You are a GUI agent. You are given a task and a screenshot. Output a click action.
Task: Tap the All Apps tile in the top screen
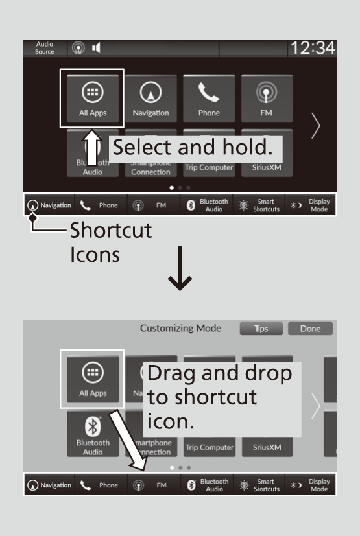click(93, 99)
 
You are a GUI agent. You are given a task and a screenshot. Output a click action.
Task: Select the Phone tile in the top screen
click(209, 99)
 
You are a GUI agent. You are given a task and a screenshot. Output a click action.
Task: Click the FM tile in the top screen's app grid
click(267, 99)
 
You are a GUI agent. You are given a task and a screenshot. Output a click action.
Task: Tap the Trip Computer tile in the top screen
click(209, 167)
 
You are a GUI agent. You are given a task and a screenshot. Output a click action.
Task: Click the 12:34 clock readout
click(313, 48)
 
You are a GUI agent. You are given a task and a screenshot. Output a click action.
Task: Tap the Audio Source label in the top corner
click(45, 48)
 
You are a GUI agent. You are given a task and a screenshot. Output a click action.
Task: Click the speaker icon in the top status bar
click(96, 48)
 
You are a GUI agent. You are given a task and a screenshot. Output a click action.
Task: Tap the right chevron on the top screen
click(315, 126)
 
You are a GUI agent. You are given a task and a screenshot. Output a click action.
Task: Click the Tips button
click(261, 329)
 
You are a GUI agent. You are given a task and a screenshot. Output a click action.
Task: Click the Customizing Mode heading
click(181, 328)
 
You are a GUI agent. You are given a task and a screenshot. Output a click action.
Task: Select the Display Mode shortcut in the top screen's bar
click(311, 205)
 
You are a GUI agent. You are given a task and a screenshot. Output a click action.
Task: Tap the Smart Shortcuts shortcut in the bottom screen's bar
click(259, 485)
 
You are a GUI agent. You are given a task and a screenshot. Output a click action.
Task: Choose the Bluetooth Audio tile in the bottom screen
click(93, 434)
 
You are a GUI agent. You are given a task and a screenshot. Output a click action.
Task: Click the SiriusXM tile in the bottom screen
click(267, 447)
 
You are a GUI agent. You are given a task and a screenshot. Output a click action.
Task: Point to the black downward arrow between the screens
click(180, 268)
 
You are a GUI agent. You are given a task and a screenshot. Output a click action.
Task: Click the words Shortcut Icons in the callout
click(111, 242)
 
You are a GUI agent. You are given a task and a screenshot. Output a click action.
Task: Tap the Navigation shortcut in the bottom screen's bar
click(49, 485)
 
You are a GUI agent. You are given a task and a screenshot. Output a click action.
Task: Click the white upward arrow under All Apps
click(92, 148)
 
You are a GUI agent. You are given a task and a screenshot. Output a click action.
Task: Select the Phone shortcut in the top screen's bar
click(101, 205)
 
